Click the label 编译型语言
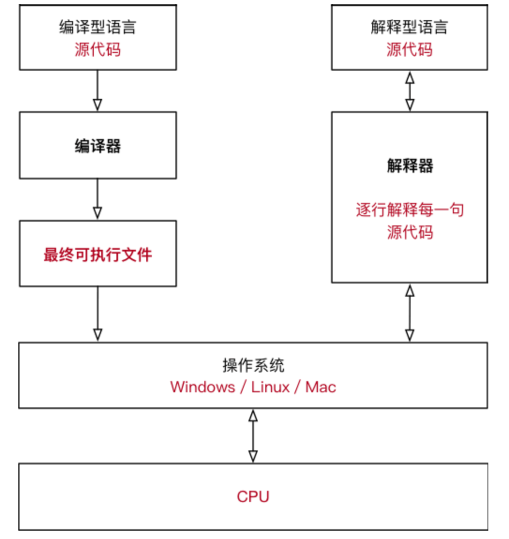point(97,27)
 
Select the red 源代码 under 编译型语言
point(97,49)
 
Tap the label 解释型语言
point(409,27)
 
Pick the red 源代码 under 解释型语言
point(409,49)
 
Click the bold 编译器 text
point(97,146)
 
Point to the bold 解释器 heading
point(410,165)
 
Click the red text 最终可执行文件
point(97,255)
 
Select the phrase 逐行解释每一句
point(410,210)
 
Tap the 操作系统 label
point(253,365)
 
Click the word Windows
point(202,387)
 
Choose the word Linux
point(270,387)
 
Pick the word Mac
point(321,387)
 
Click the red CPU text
point(253,496)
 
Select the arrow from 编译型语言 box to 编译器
point(97,91)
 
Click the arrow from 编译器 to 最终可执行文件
point(97,199)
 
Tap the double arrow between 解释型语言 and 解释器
point(410,91)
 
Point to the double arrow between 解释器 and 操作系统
point(410,313)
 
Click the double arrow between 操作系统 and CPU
point(253,436)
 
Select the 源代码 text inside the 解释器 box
point(410,232)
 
